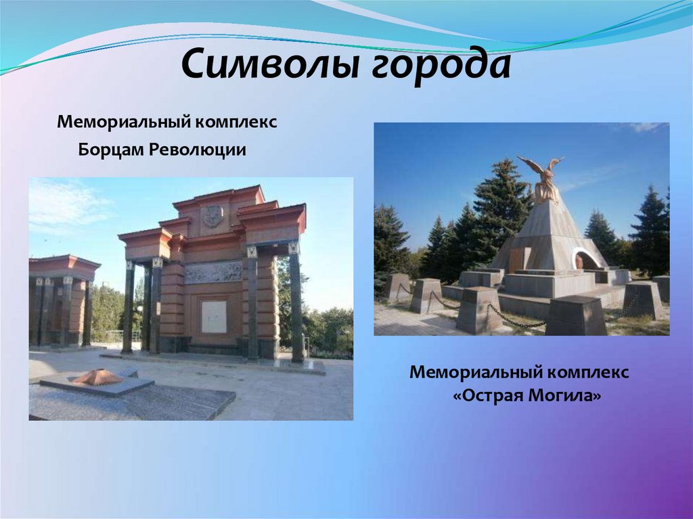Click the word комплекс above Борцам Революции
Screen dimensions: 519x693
237,123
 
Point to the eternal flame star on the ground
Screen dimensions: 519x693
97,377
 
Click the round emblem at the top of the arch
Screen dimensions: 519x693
213,216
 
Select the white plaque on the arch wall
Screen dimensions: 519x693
214,317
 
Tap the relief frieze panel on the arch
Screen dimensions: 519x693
213,272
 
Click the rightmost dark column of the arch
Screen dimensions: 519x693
296,304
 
